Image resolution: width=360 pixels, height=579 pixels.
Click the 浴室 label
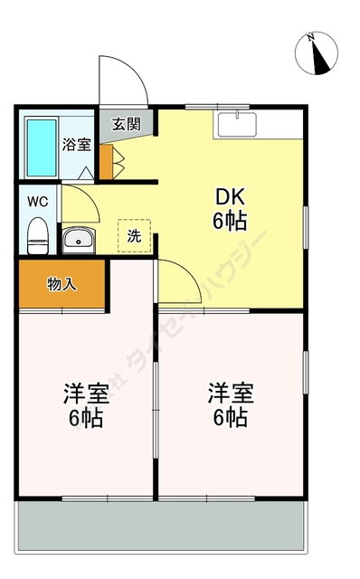point(76,144)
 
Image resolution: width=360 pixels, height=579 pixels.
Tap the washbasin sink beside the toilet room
point(79,240)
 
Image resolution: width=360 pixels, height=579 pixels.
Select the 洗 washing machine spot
point(134,236)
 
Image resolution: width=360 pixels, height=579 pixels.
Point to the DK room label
point(230,196)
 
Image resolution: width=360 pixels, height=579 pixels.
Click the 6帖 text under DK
point(230,220)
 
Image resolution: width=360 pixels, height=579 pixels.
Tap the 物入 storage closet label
point(62,284)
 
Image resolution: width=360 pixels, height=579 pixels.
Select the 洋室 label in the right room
point(231,394)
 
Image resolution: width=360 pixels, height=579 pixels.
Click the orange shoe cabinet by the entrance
point(106,160)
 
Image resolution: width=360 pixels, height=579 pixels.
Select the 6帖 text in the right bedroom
point(231,418)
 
